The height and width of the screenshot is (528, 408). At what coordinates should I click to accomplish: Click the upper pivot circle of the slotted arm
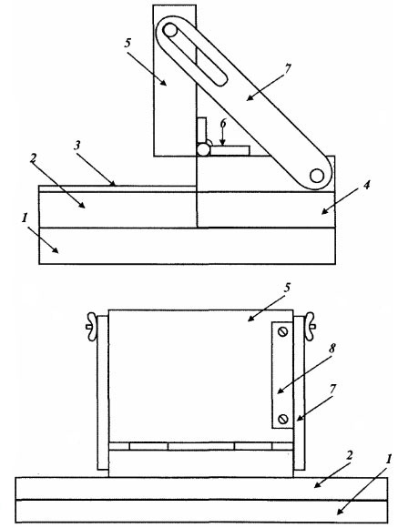170,31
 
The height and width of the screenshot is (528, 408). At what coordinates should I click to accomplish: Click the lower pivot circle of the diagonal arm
317,176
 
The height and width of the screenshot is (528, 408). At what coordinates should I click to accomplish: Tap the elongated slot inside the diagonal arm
194,55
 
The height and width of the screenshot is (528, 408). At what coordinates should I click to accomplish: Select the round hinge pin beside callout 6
203,149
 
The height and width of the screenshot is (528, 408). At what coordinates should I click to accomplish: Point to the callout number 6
223,124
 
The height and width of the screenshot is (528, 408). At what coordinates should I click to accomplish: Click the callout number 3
77,146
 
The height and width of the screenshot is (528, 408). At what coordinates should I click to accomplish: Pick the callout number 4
366,185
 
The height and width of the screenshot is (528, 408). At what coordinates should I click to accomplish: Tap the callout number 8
332,349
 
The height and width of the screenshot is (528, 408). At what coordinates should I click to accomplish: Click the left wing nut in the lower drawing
91,327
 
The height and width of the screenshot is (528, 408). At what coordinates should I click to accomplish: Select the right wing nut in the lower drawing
310,326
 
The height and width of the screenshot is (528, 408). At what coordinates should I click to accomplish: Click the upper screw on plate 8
282,331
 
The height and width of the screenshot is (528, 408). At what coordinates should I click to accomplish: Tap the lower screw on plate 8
282,420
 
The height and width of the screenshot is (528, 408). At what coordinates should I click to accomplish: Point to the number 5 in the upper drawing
127,43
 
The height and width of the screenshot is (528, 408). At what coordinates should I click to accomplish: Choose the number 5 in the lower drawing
287,288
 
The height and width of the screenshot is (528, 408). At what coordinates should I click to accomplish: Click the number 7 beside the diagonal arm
287,69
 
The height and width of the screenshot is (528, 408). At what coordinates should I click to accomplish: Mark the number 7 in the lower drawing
332,390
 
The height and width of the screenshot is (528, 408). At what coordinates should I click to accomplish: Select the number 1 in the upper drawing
25,218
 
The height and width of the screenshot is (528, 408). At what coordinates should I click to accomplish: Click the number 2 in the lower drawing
350,455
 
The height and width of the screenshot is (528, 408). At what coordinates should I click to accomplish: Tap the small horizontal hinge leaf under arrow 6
230,150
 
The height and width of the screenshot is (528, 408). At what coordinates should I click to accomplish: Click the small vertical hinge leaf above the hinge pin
201,131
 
